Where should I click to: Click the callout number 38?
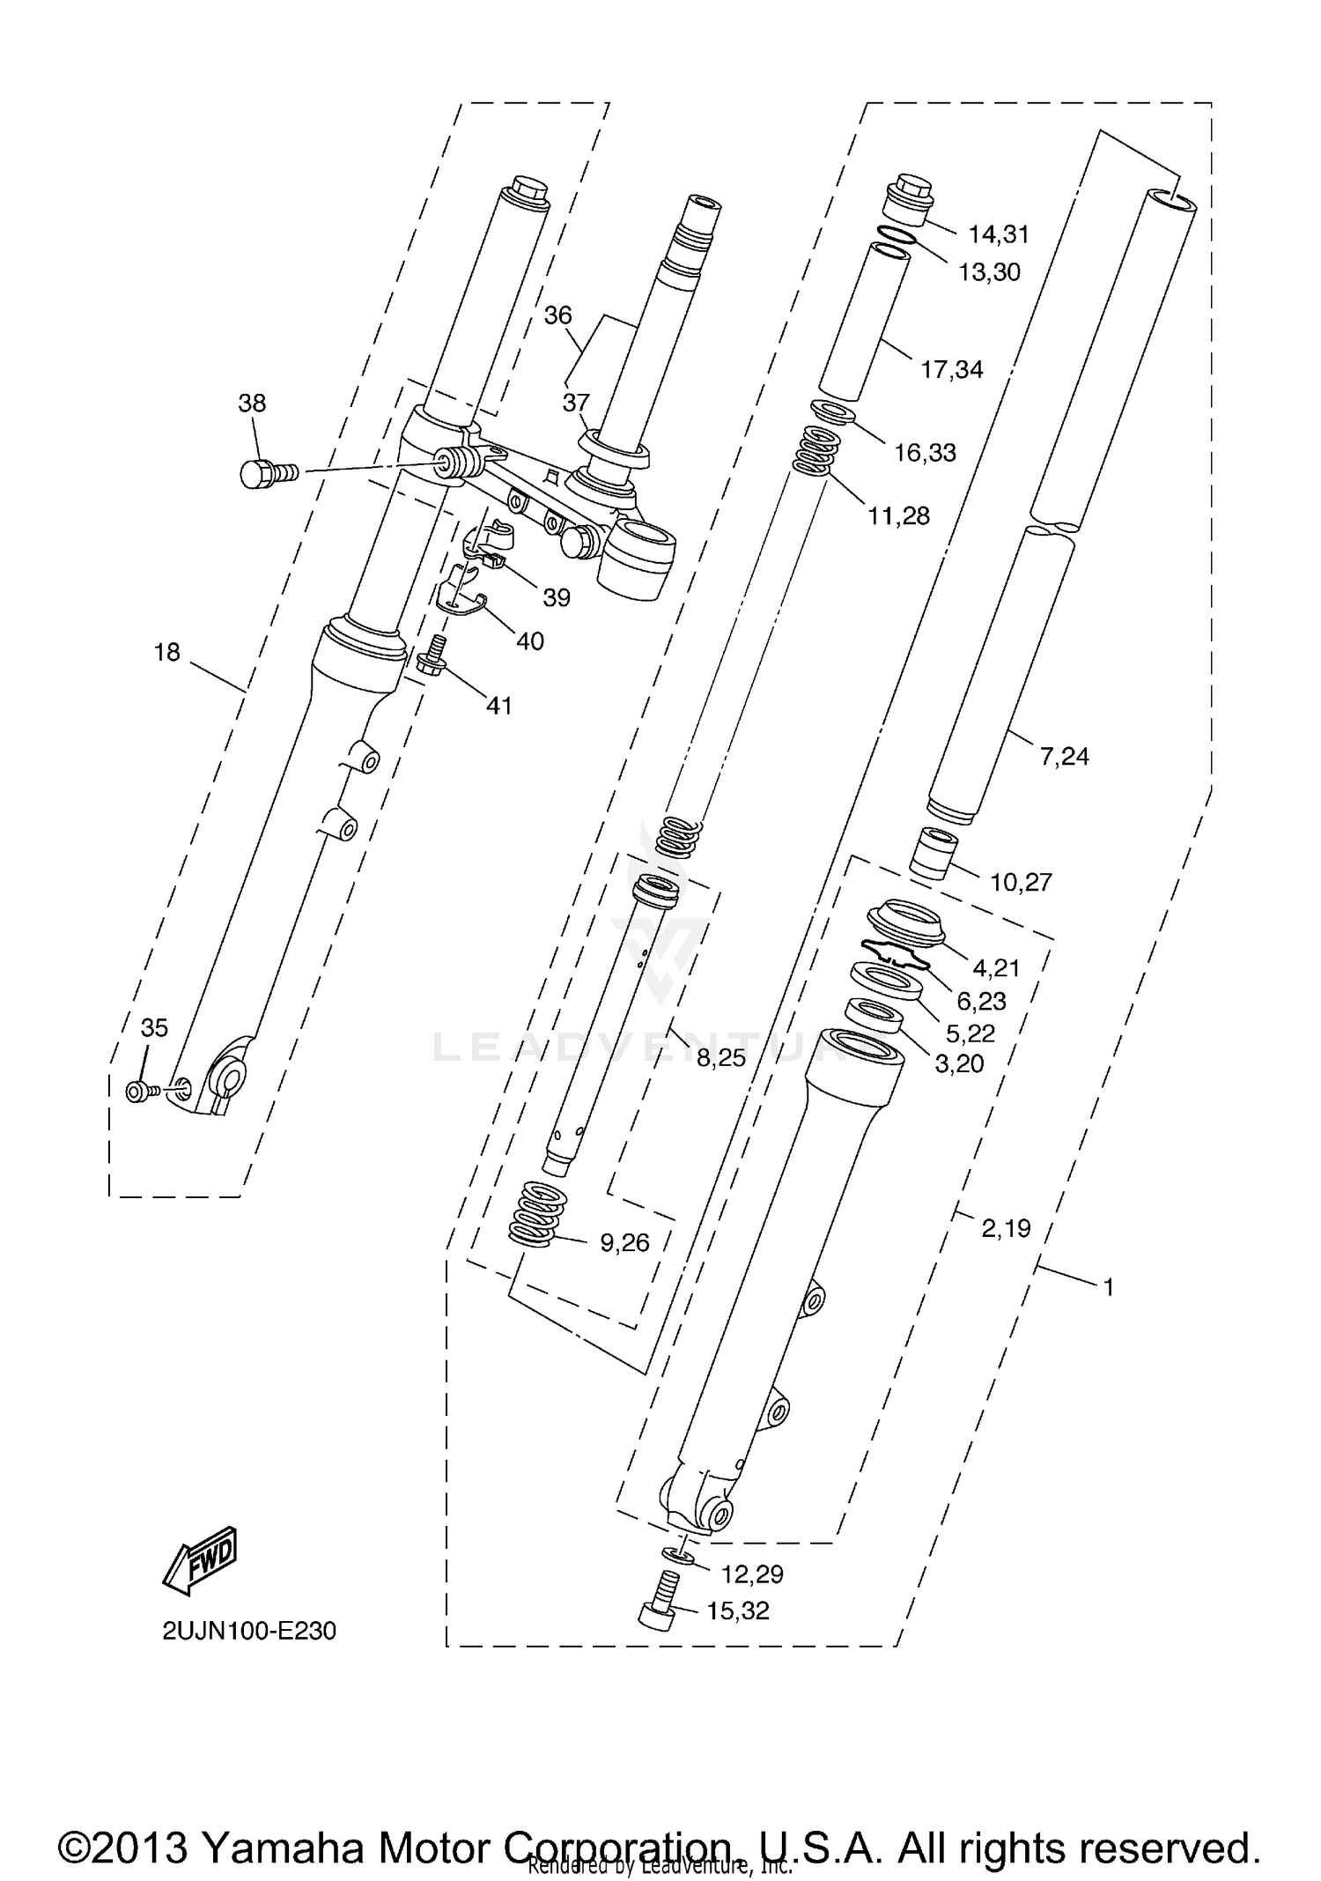point(252,404)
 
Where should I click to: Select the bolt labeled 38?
point(267,473)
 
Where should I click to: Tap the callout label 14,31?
point(999,234)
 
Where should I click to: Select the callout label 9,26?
point(624,1243)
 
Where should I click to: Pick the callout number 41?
point(499,706)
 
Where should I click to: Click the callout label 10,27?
point(1021,882)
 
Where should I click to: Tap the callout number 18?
point(167,652)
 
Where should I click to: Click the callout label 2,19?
point(1006,1228)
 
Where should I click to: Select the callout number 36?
point(557,315)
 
